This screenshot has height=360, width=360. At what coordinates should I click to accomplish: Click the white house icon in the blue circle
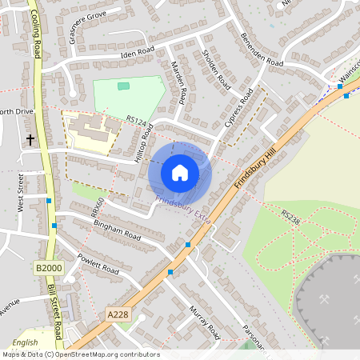[x=180, y=172]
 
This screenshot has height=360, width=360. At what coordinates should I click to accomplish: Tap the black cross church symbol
[x=30, y=140]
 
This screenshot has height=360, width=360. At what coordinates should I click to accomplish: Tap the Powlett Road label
[x=98, y=263]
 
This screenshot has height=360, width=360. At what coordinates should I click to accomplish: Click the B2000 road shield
[x=49, y=267]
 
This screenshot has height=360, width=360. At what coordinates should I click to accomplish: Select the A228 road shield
[x=118, y=316]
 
